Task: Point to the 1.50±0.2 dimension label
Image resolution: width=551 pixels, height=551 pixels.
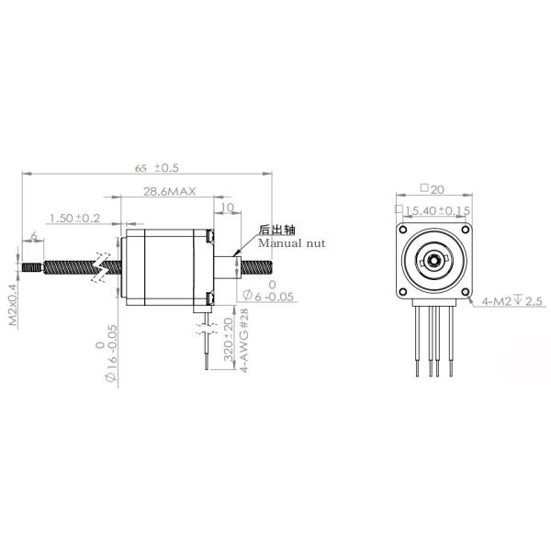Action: tap(74, 218)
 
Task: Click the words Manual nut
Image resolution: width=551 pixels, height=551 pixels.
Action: tap(290, 243)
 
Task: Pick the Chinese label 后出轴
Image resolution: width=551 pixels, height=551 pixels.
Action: tap(276, 230)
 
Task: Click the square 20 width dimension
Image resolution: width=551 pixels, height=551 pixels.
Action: tap(432, 189)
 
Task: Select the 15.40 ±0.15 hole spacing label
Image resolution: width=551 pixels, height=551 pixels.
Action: tap(437, 210)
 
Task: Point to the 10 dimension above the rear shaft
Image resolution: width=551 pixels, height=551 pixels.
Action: tap(228, 208)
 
